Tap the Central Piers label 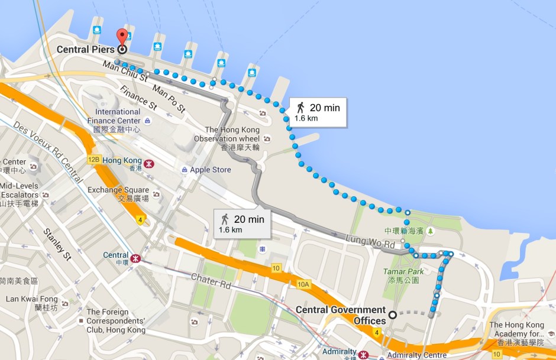[x=85, y=49]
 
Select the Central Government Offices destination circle [x=393, y=314]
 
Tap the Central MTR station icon [x=136, y=258]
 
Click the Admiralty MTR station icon [x=363, y=355]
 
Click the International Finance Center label [x=118, y=116]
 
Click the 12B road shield [x=93, y=160]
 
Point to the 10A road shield [x=304, y=285]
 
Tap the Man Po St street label [x=169, y=99]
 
